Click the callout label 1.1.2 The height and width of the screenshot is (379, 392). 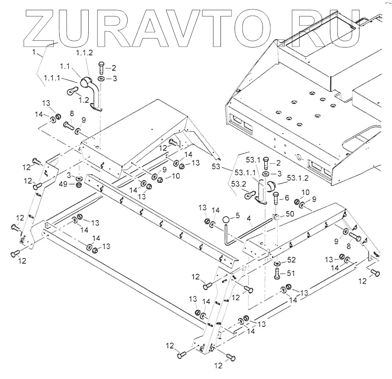tap(84, 53)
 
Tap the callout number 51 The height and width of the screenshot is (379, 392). tap(291, 272)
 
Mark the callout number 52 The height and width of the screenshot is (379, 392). tap(291, 260)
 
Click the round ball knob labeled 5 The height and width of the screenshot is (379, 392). tap(226, 220)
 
